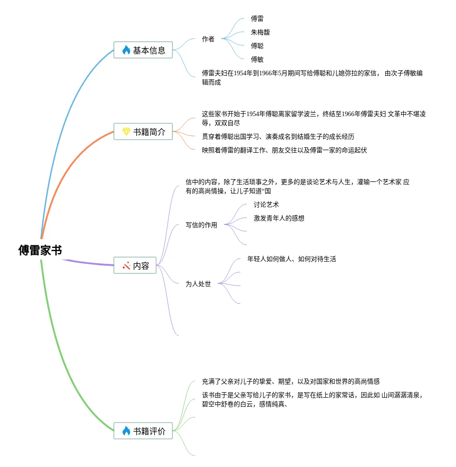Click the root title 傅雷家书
[40, 250]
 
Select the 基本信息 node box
[143, 50]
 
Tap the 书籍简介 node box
[143, 132]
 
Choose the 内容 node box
[135, 266]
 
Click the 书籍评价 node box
[143, 431]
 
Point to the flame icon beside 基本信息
[126, 50]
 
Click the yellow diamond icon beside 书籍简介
[126, 132]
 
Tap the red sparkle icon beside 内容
[126, 266]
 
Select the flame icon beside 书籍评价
[126, 431]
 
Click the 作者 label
[208, 39]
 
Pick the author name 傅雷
[257, 19]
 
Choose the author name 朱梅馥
[260, 33]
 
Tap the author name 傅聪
[257, 46]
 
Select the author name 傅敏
[257, 60]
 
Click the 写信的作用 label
[201, 225]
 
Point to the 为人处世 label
[198, 284]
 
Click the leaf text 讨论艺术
[266, 205]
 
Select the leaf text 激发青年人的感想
[279, 219]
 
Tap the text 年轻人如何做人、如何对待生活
[292, 259]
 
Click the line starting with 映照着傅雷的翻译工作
[284, 151]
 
